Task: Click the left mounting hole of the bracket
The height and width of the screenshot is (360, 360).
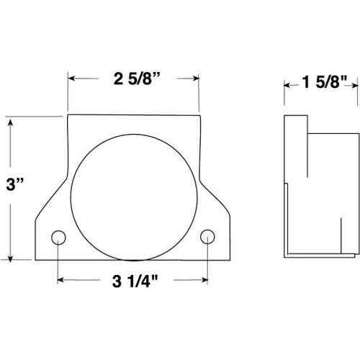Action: tap(58, 237)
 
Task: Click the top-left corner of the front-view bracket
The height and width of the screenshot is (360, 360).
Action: tap(68, 115)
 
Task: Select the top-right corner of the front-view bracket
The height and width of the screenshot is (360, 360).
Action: tap(199, 115)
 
